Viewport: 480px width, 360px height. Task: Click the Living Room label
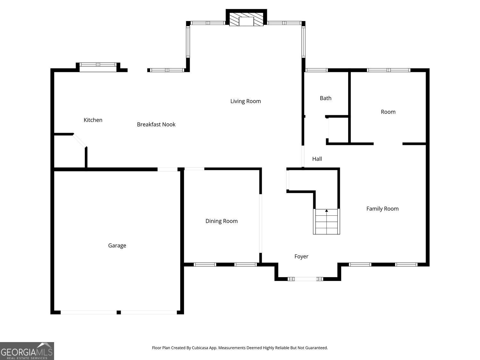(245, 101)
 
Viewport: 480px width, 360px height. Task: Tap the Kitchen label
(93, 120)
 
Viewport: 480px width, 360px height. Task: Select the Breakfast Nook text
(156, 124)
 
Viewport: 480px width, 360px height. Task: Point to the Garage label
(117, 245)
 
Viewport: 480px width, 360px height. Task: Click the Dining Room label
(221, 221)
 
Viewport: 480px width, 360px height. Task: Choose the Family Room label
(382, 209)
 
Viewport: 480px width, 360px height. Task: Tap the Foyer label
(301, 256)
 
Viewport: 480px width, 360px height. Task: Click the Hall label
(317, 159)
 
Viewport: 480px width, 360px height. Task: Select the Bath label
(325, 98)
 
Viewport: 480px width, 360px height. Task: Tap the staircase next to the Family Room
(326, 222)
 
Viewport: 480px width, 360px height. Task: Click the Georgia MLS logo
(27, 351)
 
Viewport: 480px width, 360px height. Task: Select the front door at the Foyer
(306, 279)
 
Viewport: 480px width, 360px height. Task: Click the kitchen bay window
(98, 65)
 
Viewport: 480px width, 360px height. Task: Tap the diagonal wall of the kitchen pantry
(80, 140)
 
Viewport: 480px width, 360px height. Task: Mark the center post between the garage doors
(118, 312)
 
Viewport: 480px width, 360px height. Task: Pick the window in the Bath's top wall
(316, 70)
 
